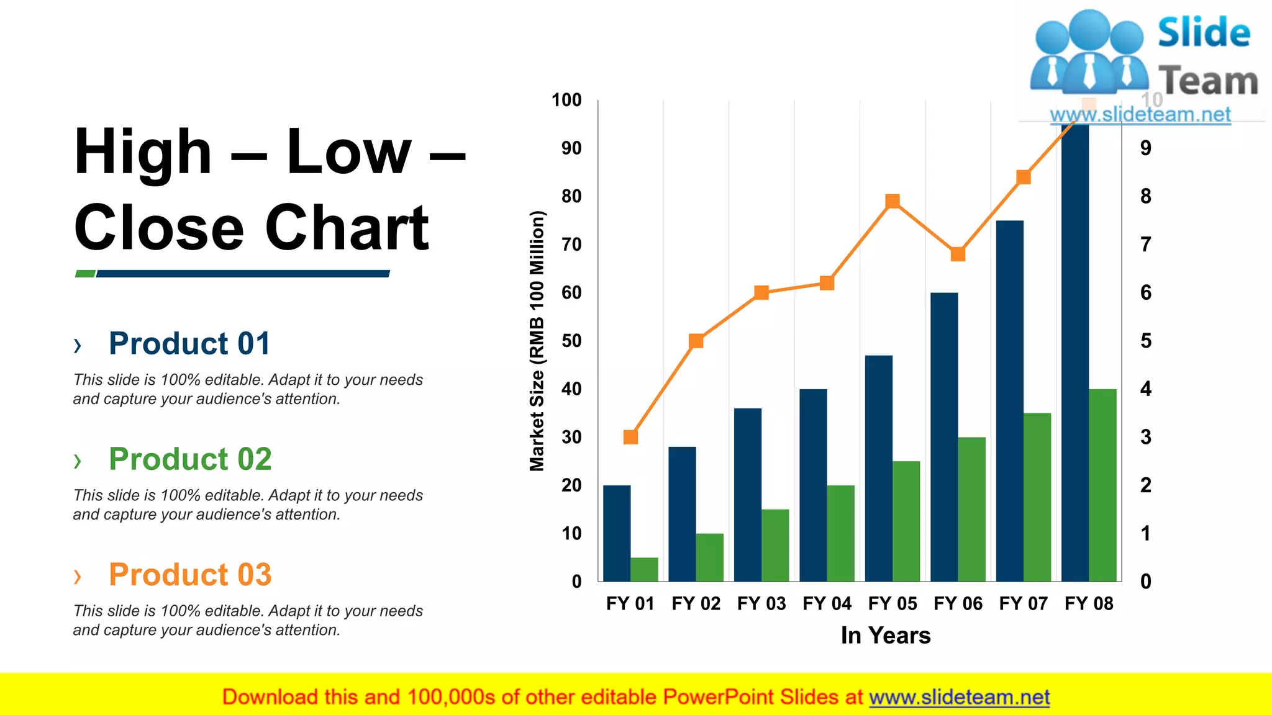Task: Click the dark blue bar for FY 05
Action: (878, 469)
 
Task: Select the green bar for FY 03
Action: (775, 545)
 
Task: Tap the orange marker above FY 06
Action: (958, 254)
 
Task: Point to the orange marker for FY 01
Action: (630, 437)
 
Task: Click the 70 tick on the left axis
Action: (571, 245)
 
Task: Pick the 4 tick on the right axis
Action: (1146, 389)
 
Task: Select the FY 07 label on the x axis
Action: (1023, 603)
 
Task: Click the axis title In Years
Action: (886, 636)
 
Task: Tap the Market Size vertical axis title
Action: (537, 341)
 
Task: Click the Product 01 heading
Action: (189, 343)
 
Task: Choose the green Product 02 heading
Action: (190, 459)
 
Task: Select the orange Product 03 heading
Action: (190, 575)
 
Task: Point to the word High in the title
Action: (143, 152)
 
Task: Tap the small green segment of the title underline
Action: (85, 274)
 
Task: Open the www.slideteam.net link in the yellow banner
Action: (959, 697)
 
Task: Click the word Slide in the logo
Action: (1203, 32)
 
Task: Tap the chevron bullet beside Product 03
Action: (78, 577)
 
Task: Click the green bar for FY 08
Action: (1102, 485)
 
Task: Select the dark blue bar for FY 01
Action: (617, 533)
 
